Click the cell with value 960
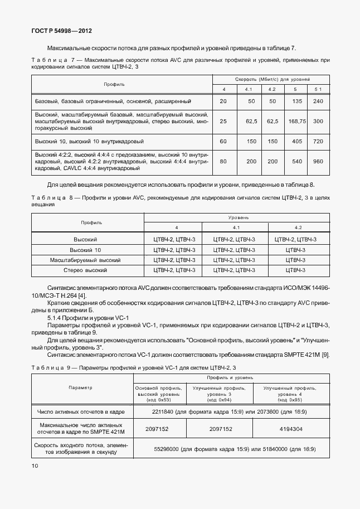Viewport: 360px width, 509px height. tap(318, 161)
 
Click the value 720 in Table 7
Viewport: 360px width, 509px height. tap(318, 142)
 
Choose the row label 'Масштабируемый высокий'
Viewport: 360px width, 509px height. tap(86, 260)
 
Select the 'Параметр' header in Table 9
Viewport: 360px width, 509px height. tap(81, 387)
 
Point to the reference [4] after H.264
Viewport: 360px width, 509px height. tap(82, 294)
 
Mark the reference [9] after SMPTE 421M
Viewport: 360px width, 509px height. tap(326, 355)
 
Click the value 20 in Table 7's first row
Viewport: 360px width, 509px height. tap(223, 101)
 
